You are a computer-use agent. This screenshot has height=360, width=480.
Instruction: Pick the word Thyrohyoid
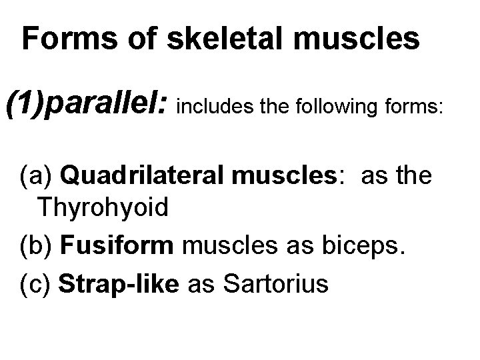[x=103, y=207]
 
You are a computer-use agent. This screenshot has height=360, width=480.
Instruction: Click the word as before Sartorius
[x=202, y=285]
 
